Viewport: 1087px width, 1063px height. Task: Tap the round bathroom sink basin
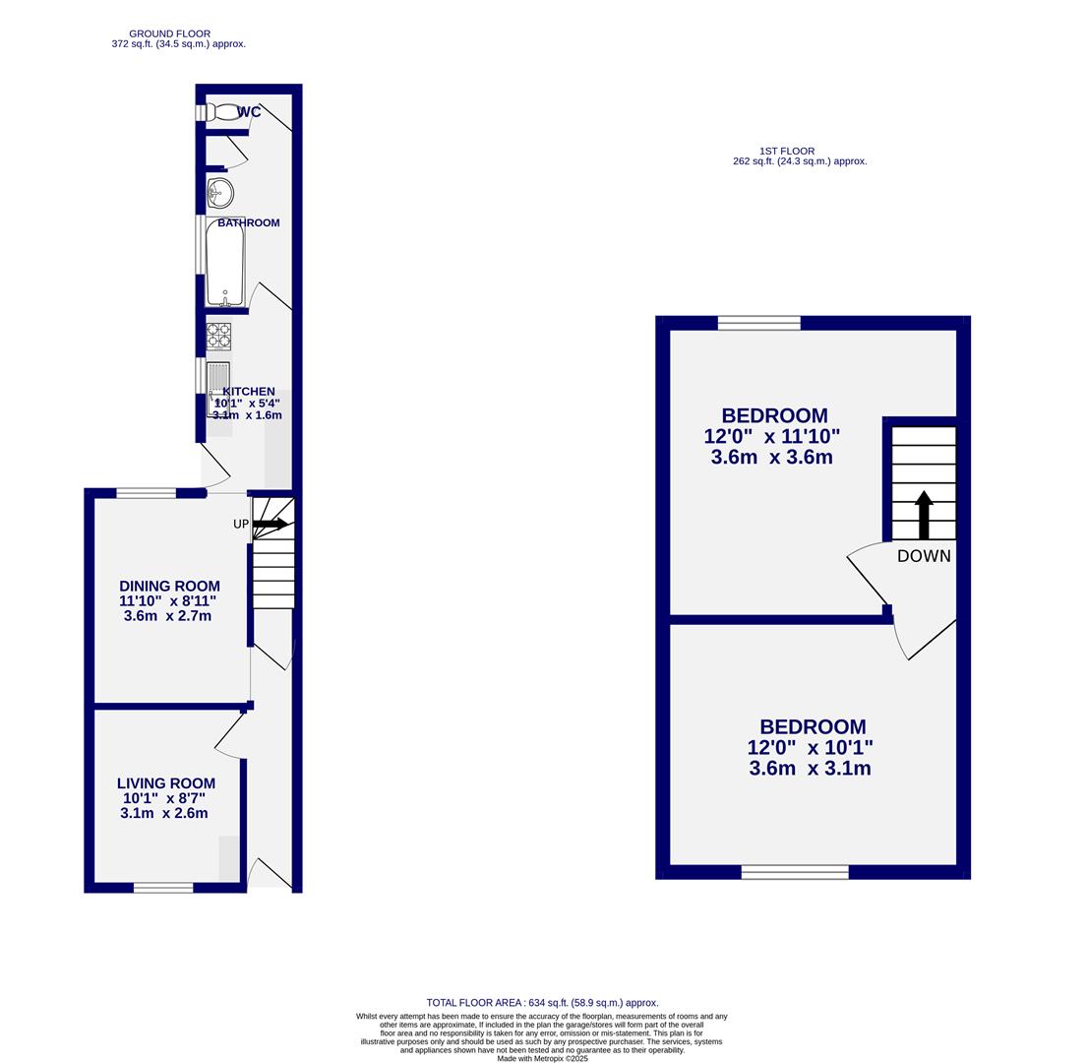(220, 193)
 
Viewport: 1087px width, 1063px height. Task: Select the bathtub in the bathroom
(225, 263)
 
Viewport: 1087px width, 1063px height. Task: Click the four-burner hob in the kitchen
(218, 337)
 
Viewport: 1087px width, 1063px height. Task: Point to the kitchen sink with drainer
(217, 386)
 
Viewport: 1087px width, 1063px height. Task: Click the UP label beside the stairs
(241, 525)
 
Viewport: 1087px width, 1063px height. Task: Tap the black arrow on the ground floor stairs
(271, 525)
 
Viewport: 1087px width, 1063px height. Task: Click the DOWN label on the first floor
(924, 556)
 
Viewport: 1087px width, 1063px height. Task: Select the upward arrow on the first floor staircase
(924, 514)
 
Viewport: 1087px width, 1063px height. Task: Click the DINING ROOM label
(169, 586)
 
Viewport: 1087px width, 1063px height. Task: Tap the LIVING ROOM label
(166, 783)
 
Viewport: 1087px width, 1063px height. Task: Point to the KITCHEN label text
(249, 392)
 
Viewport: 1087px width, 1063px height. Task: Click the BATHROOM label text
(249, 223)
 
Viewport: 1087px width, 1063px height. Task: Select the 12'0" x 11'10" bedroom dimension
(772, 436)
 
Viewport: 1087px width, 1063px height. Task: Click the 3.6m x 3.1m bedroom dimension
(810, 769)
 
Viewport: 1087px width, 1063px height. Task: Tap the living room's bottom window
(163, 888)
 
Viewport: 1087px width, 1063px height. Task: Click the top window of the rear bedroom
(758, 323)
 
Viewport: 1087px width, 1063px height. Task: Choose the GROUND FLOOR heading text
(169, 33)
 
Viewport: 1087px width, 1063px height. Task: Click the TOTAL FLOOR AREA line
(542, 1003)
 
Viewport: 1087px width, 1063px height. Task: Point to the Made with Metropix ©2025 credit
(542, 1058)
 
